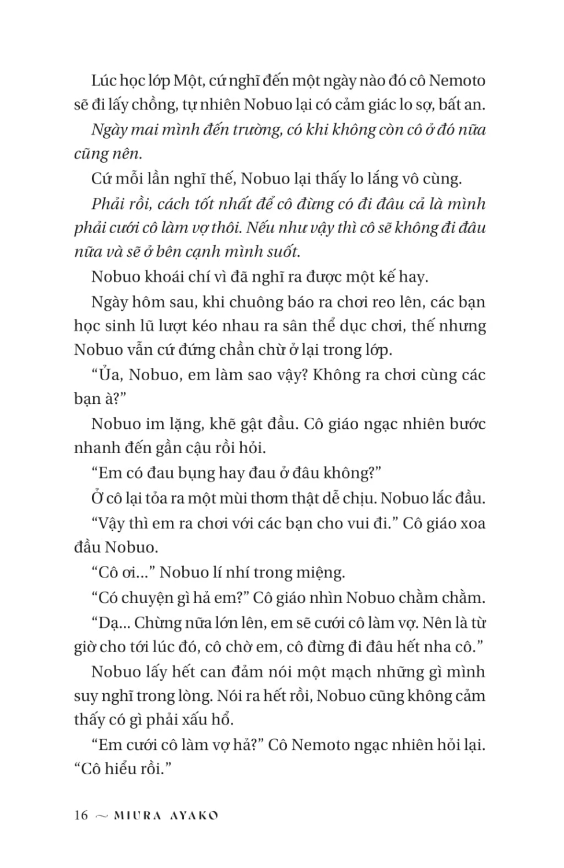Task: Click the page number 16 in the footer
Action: tap(81, 815)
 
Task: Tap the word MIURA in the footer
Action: tap(137, 815)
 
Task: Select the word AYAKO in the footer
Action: tap(194, 815)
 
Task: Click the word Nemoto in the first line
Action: tap(457, 80)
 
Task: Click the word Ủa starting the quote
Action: tap(109, 375)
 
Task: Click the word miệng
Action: tap(319, 573)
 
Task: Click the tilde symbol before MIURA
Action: tap(101, 816)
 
